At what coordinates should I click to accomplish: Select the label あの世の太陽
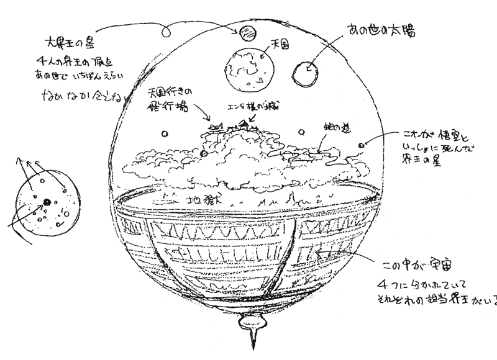tap(375, 29)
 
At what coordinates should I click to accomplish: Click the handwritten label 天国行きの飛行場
tap(170, 99)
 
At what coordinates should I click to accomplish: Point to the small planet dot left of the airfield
tap(165, 133)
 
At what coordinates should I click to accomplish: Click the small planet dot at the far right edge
tap(361, 145)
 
